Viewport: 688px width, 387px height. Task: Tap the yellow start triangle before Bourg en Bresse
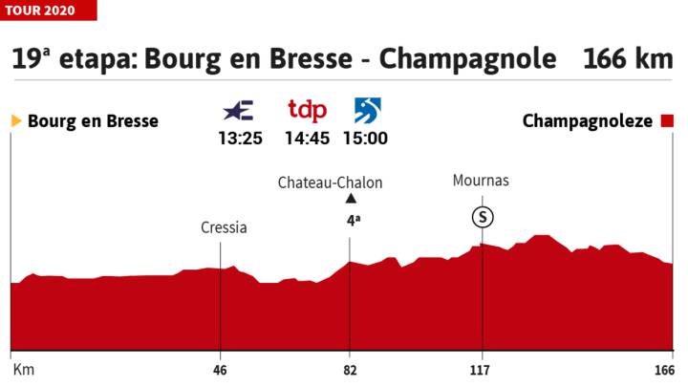[16, 121]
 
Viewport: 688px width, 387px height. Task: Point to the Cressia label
[224, 227]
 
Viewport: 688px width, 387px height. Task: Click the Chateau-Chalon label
[330, 182]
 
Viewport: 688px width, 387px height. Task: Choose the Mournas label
[483, 180]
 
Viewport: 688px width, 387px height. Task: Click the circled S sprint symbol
[484, 216]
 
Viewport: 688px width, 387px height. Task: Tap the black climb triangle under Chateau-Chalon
[351, 199]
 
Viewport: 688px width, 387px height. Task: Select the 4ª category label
[353, 219]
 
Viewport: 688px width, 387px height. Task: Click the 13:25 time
[239, 138]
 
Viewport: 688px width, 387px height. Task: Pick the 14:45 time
[307, 138]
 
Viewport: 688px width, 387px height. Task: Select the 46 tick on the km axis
[220, 370]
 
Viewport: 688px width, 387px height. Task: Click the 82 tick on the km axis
[350, 370]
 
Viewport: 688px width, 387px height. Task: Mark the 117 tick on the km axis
[480, 370]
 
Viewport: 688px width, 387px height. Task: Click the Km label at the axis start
[18, 370]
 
